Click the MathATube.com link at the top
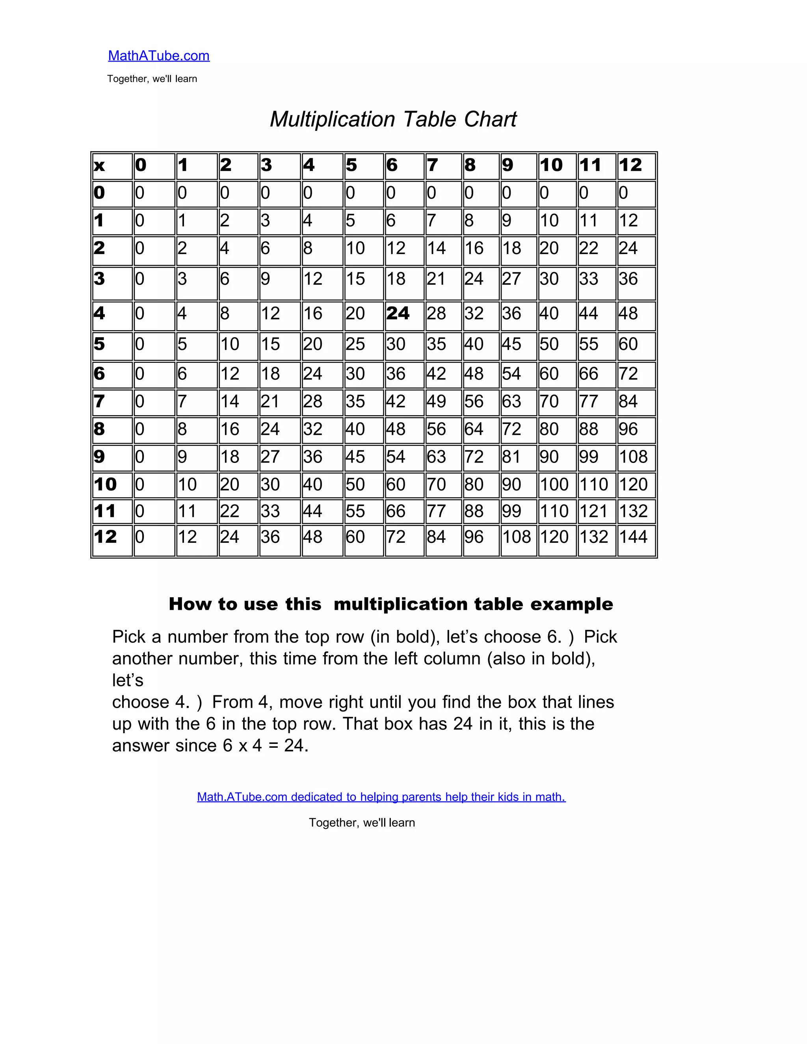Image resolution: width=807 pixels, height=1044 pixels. (159, 56)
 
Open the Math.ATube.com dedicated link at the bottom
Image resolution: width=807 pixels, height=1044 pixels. (381, 797)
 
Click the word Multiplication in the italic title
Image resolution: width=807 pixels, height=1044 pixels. (332, 119)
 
